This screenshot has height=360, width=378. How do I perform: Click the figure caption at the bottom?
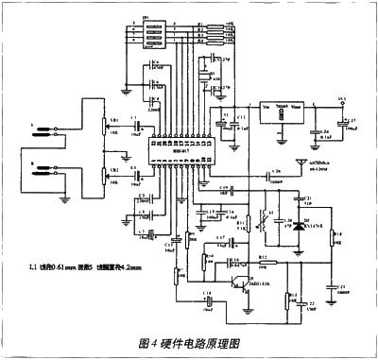[x=189, y=343]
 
